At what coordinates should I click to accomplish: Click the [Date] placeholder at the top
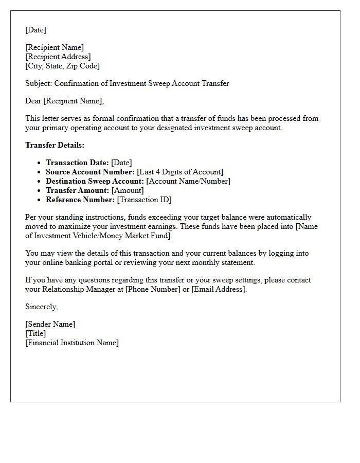click(35, 30)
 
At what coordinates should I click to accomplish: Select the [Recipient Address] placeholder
click(58, 57)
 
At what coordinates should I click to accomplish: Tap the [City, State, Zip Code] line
click(62, 66)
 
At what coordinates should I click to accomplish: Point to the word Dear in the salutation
click(33, 101)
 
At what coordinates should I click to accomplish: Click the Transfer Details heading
click(55, 145)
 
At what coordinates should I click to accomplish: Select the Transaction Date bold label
click(77, 163)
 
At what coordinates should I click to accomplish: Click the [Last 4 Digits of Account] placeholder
click(180, 172)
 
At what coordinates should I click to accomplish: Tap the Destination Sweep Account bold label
click(95, 181)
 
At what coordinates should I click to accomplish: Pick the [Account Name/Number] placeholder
click(188, 181)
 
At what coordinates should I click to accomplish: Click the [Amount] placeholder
click(128, 190)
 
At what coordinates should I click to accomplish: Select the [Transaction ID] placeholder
click(144, 200)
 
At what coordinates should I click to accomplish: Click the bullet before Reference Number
click(40, 200)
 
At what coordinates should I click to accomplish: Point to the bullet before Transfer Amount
click(40, 191)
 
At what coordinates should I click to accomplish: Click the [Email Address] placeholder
click(218, 289)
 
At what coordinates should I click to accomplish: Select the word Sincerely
click(41, 307)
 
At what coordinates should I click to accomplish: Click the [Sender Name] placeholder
click(50, 324)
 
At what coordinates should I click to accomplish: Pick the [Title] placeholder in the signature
click(35, 333)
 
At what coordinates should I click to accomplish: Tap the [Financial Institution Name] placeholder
click(71, 343)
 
